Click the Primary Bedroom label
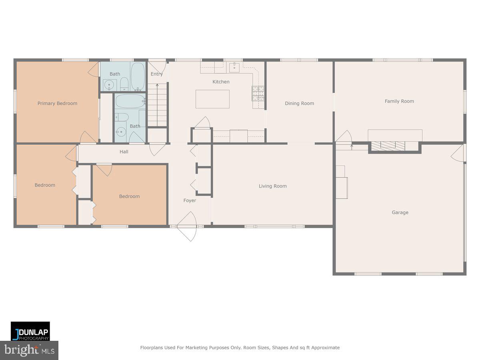tap(57, 103)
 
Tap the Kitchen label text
tap(221, 82)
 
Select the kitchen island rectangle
tap(212, 99)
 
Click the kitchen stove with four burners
tap(258, 93)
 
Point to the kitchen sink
tap(234, 67)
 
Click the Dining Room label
tap(299, 103)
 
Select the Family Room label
tap(399, 101)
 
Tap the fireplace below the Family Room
tap(386, 146)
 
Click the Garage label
tap(400, 212)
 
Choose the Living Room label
tap(272, 186)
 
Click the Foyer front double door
tap(187, 227)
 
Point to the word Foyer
tap(190, 200)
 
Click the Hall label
tap(124, 152)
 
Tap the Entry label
tap(157, 74)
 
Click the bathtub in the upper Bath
tap(138, 76)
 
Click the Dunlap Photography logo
tap(30, 331)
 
